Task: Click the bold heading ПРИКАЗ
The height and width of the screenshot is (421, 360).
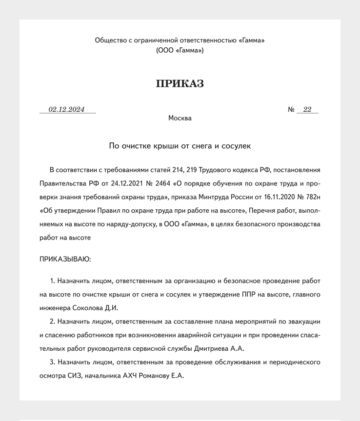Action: pos(180,84)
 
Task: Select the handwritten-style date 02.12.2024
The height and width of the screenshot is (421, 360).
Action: pos(66,110)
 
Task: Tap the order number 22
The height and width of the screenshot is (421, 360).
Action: pos(307,110)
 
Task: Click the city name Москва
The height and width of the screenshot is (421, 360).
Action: pos(180,118)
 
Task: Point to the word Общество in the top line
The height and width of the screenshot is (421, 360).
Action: pos(111,40)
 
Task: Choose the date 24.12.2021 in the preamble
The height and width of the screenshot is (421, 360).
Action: pos(128,183)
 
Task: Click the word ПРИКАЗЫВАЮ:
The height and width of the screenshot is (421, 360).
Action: pos(65,259)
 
